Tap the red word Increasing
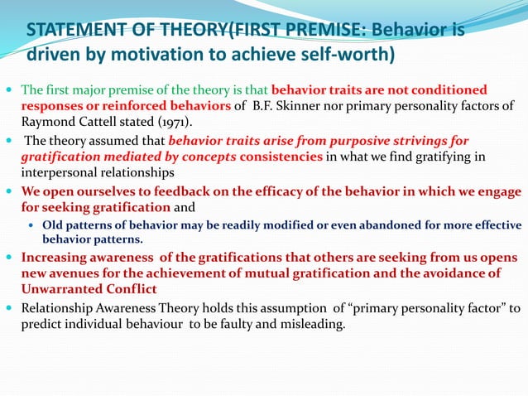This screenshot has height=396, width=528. point(60,256)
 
